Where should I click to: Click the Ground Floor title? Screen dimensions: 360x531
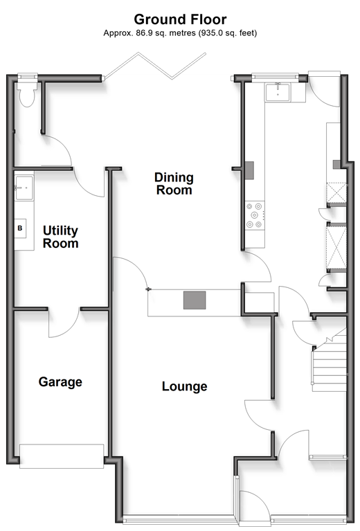coord(180,19)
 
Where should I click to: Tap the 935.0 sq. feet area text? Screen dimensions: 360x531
coord(228,33)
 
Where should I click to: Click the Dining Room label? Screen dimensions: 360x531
coord(174,183)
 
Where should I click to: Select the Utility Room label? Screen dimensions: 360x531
coord(61,237)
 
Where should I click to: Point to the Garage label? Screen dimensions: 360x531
coord(60,381)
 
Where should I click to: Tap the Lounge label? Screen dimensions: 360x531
coord(185,386)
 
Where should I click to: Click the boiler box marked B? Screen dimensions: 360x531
coord(20,228)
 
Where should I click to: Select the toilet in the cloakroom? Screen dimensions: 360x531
coord(27,93)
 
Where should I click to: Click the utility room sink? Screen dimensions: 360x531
coord(24,188)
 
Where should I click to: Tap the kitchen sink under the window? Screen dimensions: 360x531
coord(278,92)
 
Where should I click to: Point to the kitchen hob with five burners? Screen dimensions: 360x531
coord(254,215)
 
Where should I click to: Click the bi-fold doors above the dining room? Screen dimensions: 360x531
coord(155,66)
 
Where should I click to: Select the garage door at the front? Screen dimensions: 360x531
coord(62,456)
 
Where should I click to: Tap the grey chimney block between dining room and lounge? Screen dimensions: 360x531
coord(195,300)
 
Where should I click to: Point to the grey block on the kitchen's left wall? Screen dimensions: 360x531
coord(249,170)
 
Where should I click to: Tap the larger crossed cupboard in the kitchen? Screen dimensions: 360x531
coord(336,248)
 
